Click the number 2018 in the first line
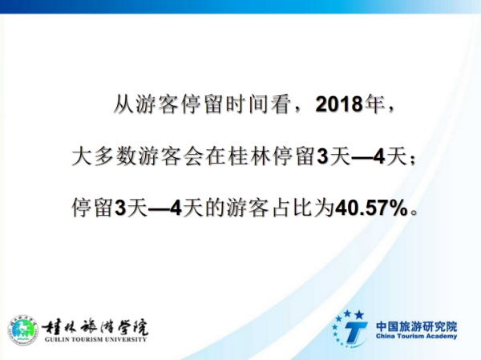(339, 104)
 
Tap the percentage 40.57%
(372, 208)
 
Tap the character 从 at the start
(123, 104)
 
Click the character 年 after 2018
(374, 104)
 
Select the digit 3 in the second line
(322, 156)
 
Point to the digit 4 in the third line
(176, 208)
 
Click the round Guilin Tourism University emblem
(23, 330)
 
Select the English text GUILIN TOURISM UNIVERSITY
(95, 339)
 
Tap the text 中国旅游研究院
(416, 326)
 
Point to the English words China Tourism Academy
(416, 336)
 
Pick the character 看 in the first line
(281, 104)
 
